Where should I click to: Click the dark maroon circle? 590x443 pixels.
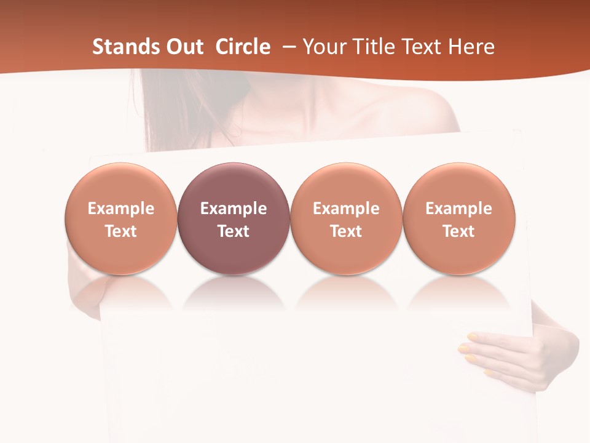click(x=234, y=218)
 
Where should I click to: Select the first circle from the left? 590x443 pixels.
click(x=120, y=218)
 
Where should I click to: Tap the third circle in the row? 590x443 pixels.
click(x=346, y=218)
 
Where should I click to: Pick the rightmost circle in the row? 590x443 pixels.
click(x=458, y=218)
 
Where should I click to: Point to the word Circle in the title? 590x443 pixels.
click(x=243, y=47)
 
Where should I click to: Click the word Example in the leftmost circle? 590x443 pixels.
click(x=120, y=209)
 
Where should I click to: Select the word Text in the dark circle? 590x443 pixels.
click(x=234, y=231)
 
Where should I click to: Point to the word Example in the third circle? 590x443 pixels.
click(x=346, y=209)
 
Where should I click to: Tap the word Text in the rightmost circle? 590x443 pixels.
click(x=458, y=231)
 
